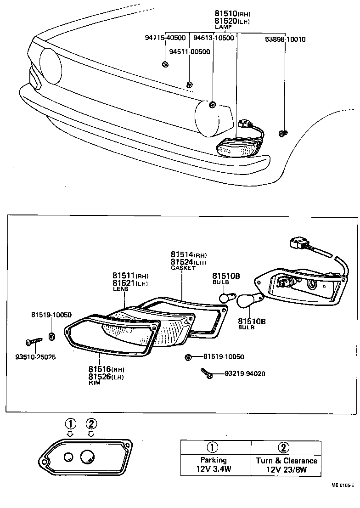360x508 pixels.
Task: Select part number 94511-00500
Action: click(x=189, y=51)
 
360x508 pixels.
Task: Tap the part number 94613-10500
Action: click(x=213, y=38)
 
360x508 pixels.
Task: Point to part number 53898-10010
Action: click(x=285, y=40)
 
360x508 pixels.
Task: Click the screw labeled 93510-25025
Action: click(x=34, y=341)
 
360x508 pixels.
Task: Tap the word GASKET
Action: click(x=183, y=267)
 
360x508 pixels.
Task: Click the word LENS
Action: click(x=121, y=289)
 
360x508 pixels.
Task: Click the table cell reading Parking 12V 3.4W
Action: click(x=213, y=464)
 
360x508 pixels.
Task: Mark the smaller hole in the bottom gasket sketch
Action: click(x=68, y=457)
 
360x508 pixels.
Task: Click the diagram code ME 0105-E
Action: click(x=343, y=497)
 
